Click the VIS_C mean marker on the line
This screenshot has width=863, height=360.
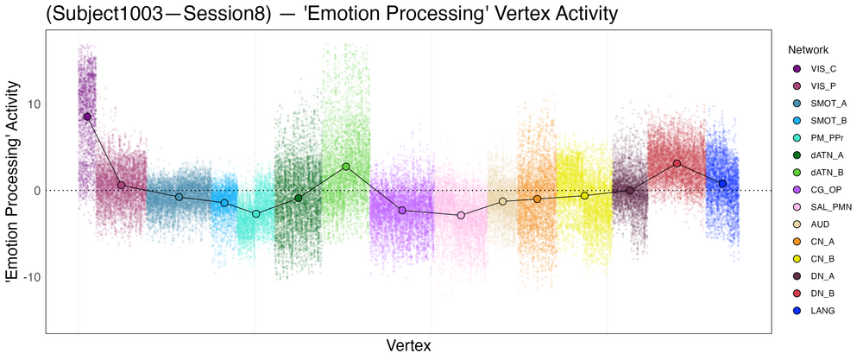click(87, 117)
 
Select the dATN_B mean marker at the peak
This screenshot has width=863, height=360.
click(346, 167)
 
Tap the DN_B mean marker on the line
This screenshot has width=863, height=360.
click(677, 163)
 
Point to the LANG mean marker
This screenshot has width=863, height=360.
click(722, 184)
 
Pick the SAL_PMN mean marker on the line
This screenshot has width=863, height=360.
click(461, 215)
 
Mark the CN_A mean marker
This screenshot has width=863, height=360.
click(537, 199)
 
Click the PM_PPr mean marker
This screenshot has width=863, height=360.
click(255, 213)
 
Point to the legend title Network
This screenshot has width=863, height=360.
click(808, 50)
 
